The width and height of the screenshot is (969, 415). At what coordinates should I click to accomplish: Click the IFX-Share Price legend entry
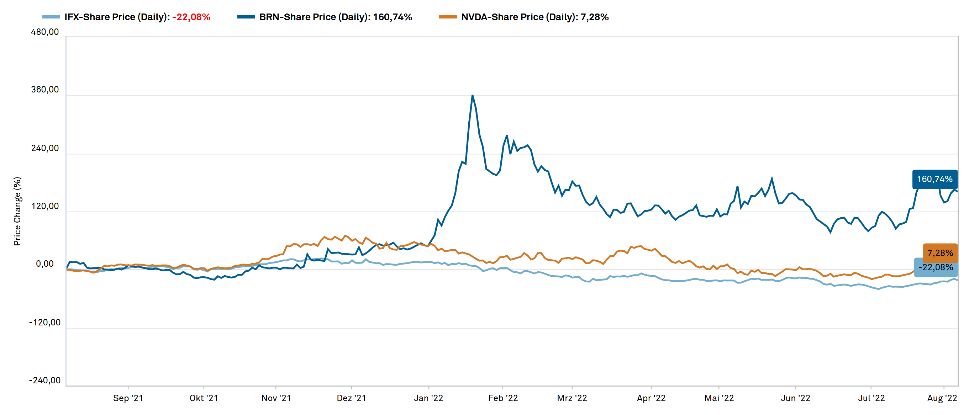(126, 17)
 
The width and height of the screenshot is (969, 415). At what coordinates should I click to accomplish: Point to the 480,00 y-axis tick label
(45, 32)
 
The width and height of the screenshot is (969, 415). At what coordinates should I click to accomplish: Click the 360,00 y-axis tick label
(45, 90)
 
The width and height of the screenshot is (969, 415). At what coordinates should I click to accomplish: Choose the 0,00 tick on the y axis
(45, 264)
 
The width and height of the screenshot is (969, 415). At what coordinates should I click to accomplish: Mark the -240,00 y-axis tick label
(45, 381)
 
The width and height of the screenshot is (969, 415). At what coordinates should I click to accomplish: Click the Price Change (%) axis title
(17, 211)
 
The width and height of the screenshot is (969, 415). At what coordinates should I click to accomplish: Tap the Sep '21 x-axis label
(128, 398)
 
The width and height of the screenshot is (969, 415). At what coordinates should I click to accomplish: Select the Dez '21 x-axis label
(351, 398)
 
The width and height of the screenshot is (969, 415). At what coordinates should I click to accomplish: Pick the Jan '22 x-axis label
(428, 398)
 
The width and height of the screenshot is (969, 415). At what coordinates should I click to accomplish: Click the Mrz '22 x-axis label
(572, 398)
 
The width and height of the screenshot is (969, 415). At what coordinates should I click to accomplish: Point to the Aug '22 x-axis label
(942, 398)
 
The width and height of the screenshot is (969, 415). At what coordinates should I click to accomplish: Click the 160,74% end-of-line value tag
(934, 179)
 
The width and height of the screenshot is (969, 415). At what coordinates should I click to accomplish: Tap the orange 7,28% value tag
(940, 253)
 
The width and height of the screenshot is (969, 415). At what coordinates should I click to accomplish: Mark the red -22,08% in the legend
(191, 17)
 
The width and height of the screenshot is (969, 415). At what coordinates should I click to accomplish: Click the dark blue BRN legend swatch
(246, 17)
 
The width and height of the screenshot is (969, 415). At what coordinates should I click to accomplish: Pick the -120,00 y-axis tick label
(45, 323)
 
